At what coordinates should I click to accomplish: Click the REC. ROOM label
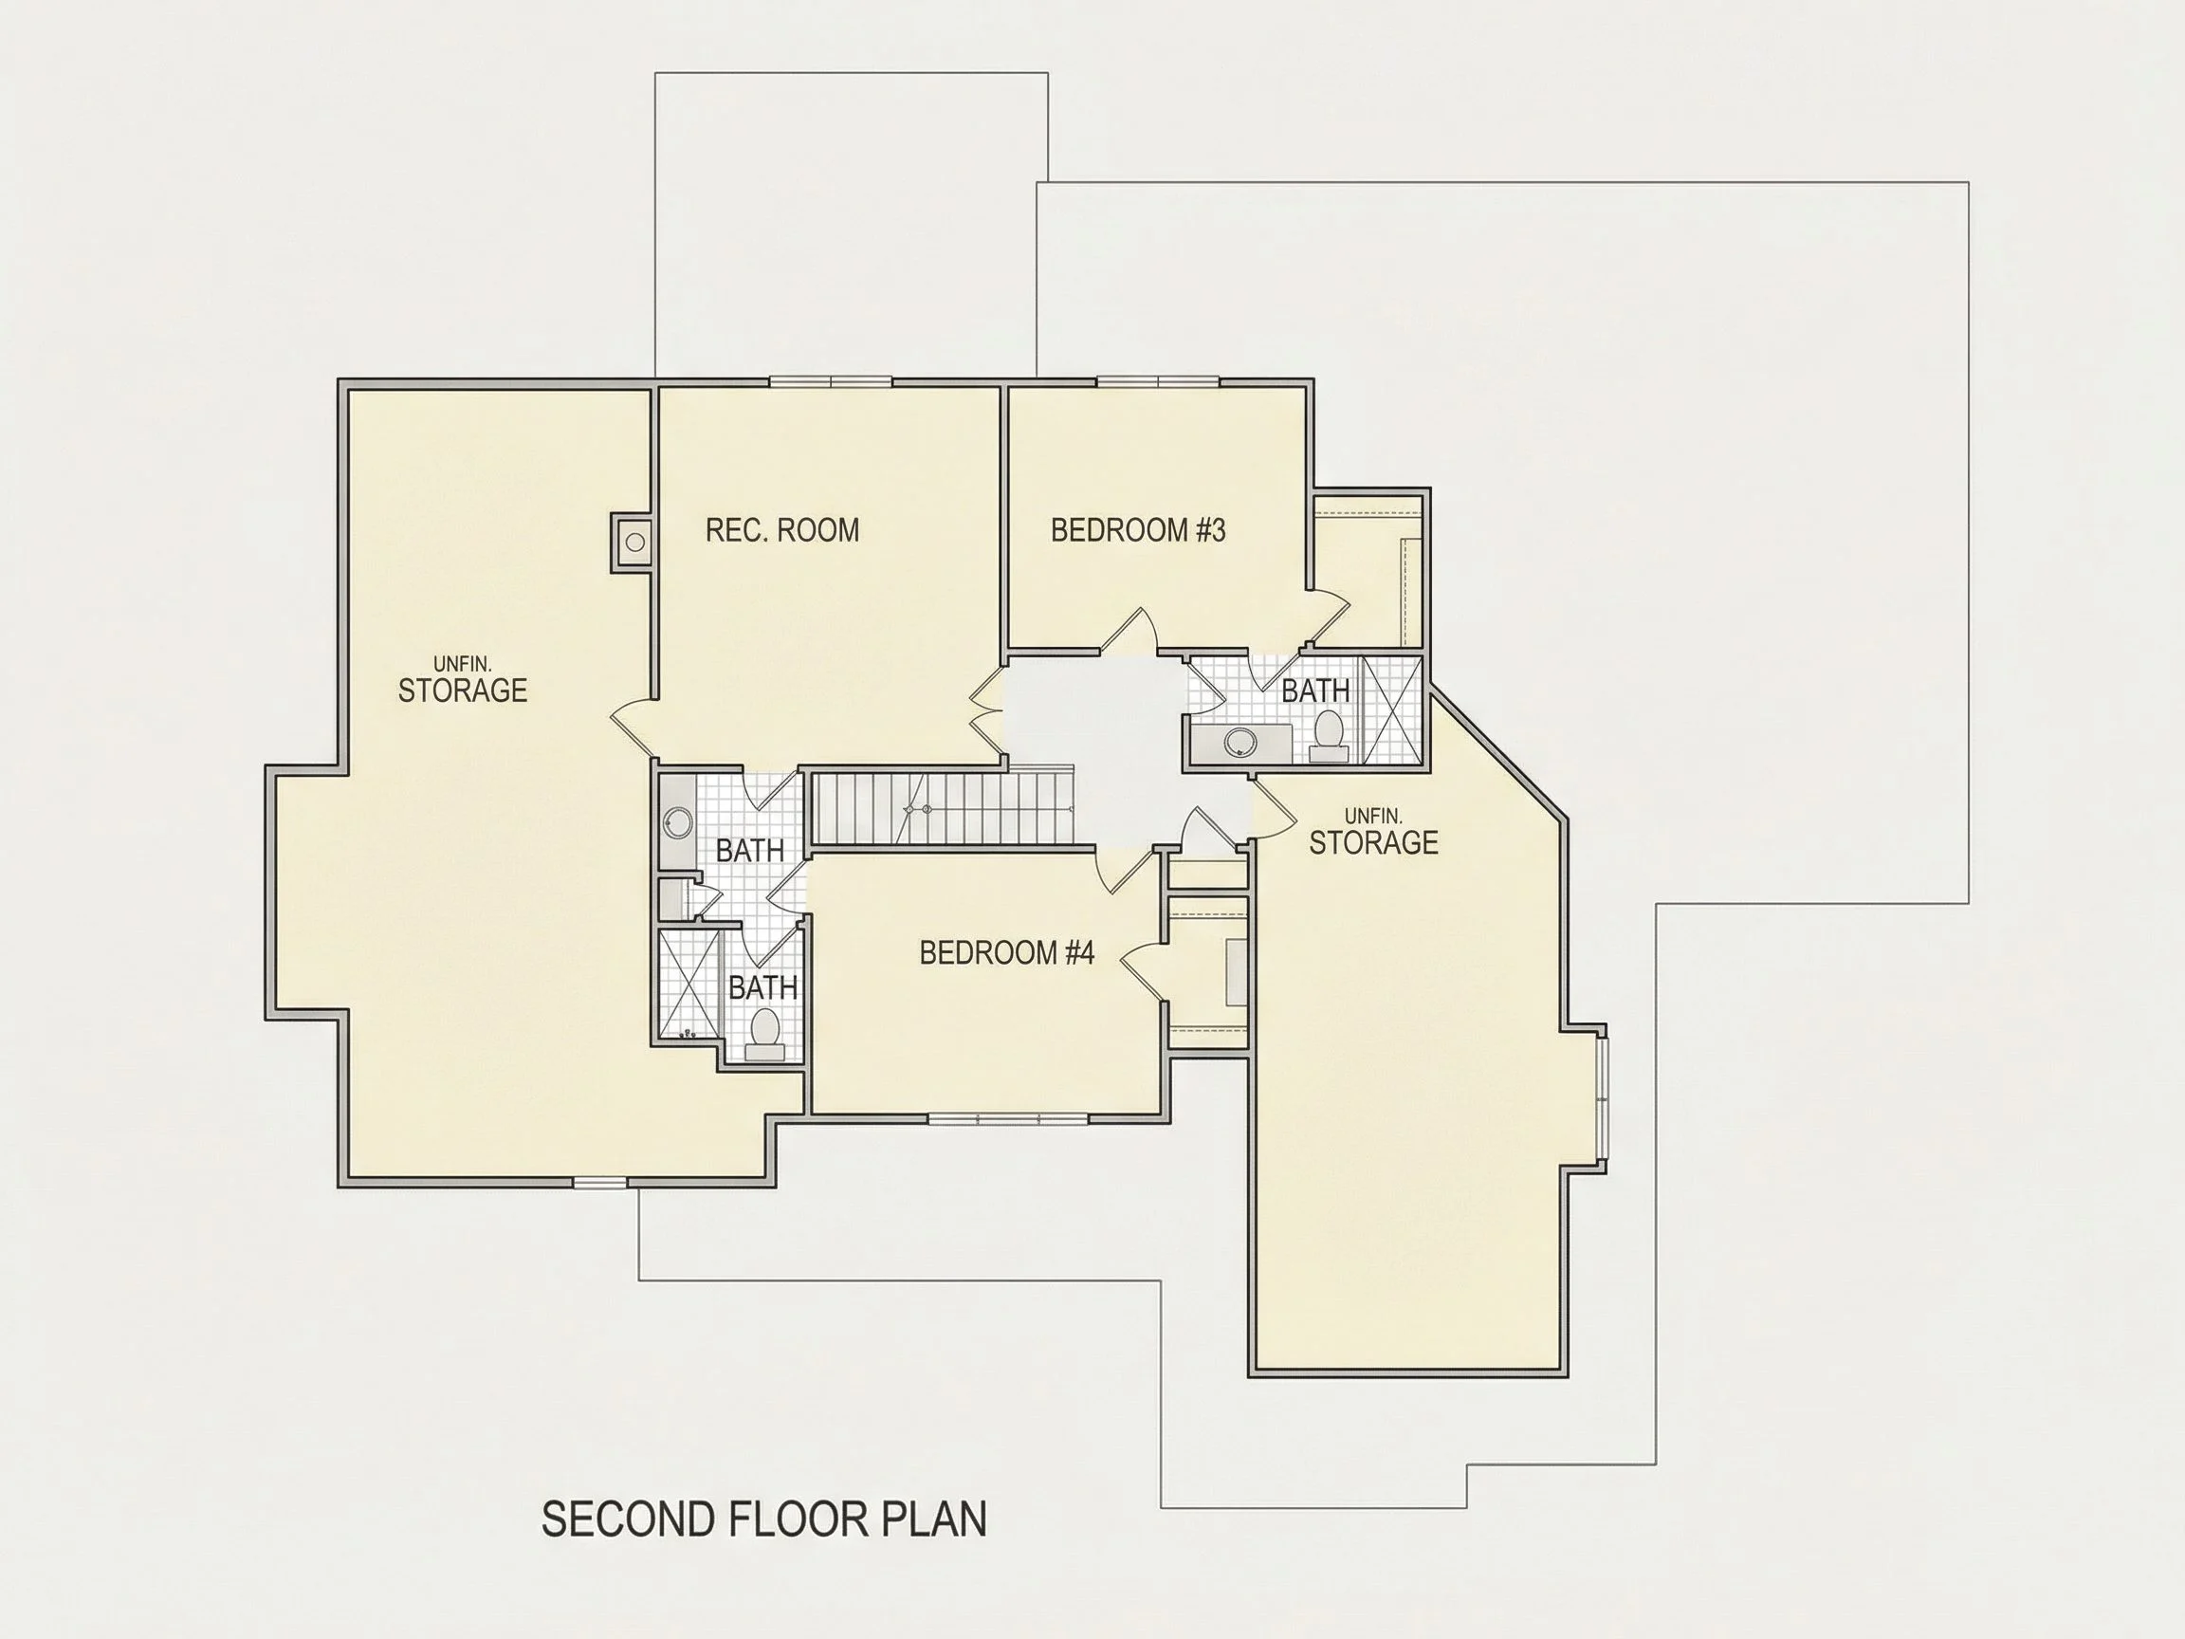(782, 530)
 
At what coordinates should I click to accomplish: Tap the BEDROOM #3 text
(1138, 530)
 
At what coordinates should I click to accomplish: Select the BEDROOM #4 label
(1006, 952)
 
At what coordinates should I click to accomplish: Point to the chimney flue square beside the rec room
(633, 542)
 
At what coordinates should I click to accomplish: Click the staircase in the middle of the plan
(943, 808)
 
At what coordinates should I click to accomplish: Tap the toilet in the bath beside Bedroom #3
(1329, 738)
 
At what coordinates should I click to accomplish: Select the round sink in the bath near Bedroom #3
(1236, 743)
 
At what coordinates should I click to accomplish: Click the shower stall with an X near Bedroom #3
(1392, 711)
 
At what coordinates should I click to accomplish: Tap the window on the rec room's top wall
(831, 382)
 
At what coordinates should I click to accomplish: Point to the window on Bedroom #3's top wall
(1158, 382)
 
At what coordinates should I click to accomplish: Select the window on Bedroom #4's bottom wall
(1007, 1118)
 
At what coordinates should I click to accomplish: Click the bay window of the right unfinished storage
(1601, 1098)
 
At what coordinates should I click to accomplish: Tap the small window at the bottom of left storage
(600, 1182)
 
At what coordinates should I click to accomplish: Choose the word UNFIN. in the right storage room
(1373, 816)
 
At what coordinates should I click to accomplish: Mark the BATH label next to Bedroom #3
(1315, 691)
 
